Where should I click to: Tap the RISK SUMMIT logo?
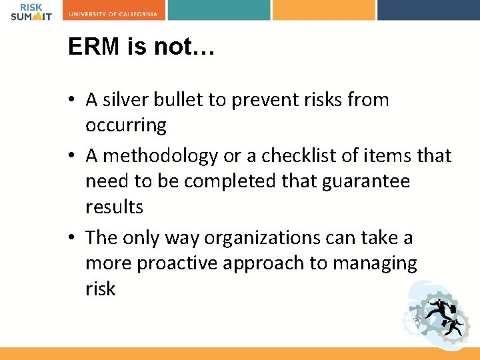(31, 10)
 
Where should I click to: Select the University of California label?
(114, 13)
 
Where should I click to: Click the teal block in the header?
(219, 10)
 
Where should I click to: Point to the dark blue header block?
(428, 10)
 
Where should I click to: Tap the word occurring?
(126, 125)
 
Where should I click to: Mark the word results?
(114, 207)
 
